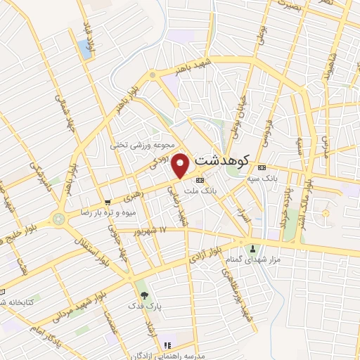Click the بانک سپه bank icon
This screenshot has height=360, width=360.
(262, 167)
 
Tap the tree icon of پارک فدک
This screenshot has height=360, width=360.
(144, 295)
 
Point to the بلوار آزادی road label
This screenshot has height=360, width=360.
(208, 256)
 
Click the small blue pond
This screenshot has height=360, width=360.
(84, 48)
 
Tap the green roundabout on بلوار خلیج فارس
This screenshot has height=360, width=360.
(58, 219)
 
